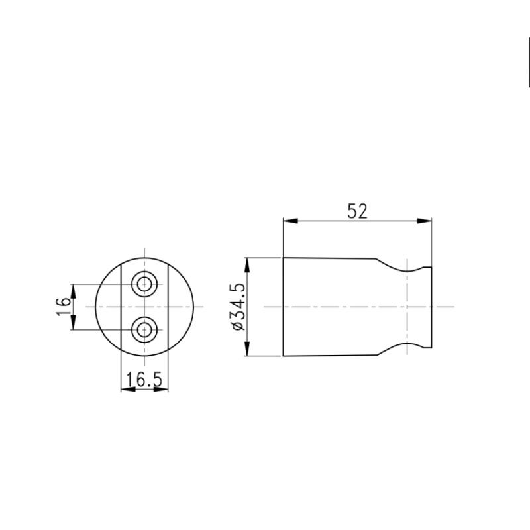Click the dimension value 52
[357, 211]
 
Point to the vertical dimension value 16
[63, 306]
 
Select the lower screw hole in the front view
[144, 329]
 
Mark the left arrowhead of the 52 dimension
[288, 221]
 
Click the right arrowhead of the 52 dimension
[426, 221]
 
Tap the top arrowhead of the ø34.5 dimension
[247, 263]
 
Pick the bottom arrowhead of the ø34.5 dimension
[247, 351]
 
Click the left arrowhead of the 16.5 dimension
[126, 388]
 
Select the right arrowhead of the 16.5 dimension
[163, 388]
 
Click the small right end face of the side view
[431, 307]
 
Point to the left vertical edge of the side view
[284, 307]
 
